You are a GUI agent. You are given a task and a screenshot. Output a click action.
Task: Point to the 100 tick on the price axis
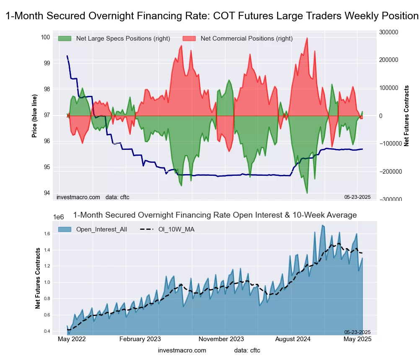tap(45, 37)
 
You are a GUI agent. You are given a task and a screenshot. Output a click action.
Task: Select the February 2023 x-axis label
tap(140, 339)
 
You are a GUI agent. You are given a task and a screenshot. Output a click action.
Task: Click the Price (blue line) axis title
tap(34, 116)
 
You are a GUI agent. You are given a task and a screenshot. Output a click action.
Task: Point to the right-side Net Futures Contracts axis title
tap(406, 116)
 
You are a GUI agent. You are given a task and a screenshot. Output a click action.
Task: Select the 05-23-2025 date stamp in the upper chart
tap(357, 197)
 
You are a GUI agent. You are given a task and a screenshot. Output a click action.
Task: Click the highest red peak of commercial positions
tap(307, 38)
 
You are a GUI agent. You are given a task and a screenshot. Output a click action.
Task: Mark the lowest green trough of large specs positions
tap(307, 193)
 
